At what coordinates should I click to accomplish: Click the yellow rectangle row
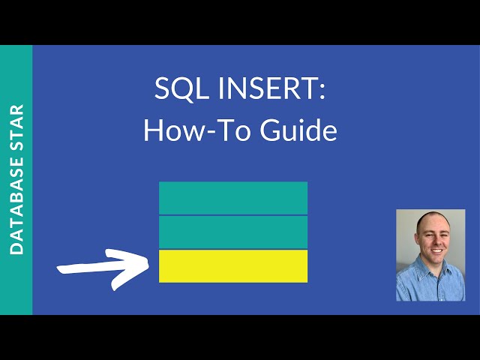(233, 266)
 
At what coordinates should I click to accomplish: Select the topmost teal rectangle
(233, 198)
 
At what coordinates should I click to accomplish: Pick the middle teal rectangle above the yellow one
(233, 232)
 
